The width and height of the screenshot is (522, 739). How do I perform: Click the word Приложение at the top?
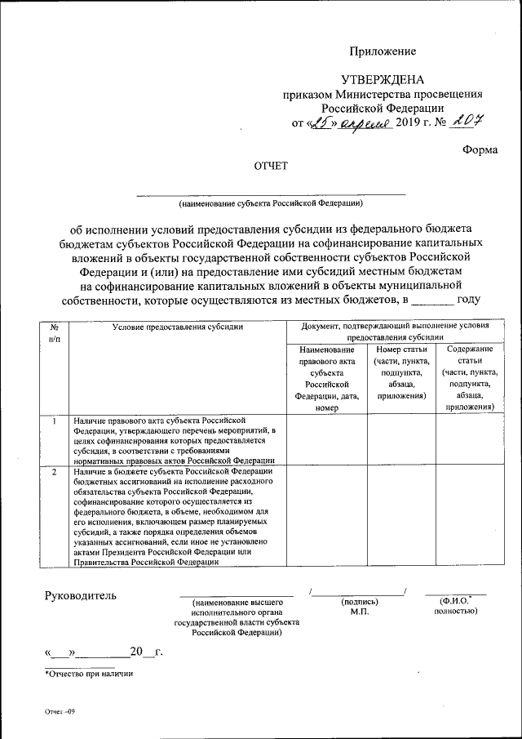(x=383, y=51)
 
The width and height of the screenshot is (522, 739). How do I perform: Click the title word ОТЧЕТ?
(x=271, y=166)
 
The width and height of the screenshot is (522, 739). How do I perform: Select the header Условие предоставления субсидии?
(x=178, y=327)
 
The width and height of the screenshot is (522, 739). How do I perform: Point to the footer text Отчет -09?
(x=60, y=712)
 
